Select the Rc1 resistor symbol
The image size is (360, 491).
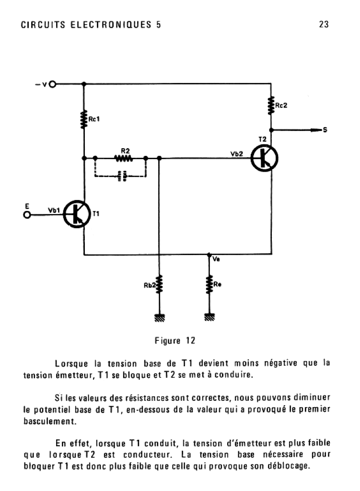[x=84, y=120]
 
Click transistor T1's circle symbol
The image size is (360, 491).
[x=77, y=214]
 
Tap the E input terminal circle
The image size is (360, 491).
[x=27, y=215]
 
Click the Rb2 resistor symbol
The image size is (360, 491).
[x=159, y=284]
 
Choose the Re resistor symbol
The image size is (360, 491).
[x=209, y=284]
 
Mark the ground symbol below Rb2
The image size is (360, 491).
[x=159, y=317]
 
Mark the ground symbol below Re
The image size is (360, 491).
[x=209, y=317]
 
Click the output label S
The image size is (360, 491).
[x=325, y=130]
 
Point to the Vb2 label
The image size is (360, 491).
[x=237, y=154]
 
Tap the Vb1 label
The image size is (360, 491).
[x=54, y=210]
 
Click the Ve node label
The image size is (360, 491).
[x=216, y=259]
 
